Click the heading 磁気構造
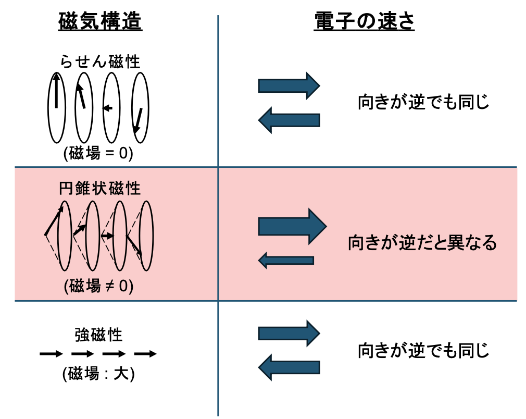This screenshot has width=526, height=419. [100, 22]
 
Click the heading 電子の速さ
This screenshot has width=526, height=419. [364, 22]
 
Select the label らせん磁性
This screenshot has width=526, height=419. [100, 62]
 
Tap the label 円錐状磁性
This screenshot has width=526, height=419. [100, 188]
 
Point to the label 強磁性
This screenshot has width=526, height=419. [98, 335]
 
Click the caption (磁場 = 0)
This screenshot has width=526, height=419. [98, 153]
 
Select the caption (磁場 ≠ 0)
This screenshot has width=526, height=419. [98, 286]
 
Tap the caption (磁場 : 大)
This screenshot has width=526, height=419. [98, 374]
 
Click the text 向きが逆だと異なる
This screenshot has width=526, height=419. [422, 243]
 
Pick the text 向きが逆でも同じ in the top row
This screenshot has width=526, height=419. [423, 102]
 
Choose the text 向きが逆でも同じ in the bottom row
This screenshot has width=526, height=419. [423, 351]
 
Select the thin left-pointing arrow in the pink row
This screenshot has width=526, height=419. [286, 260]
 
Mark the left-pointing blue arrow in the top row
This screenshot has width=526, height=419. [289, 120]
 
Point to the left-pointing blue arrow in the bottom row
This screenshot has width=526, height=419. [289, 367]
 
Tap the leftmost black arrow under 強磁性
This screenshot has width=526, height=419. [51, 354]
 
